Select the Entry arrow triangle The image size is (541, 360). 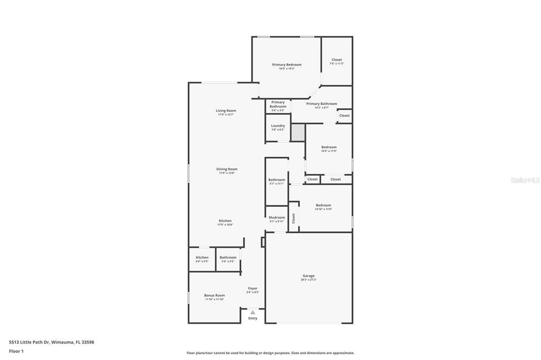pyautogui.click(x=253, y=312)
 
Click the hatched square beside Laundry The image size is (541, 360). pyautogui.click(x=298, y=132)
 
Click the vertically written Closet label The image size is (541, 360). pyautogui.click(x=294, y=218)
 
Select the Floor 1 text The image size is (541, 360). pyautogui.click(x=17, y=351)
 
